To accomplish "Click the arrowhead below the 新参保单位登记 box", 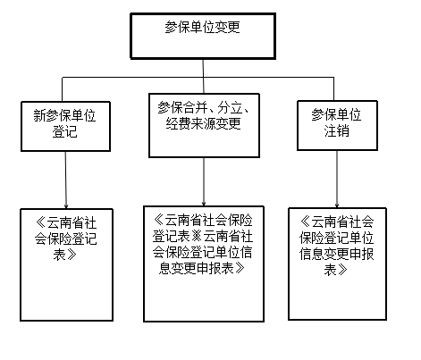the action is click(66, 206).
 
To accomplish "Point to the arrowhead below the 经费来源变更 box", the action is click(204, 204).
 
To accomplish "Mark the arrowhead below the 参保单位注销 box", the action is click(337, 205).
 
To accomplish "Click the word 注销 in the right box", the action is click(337, 130).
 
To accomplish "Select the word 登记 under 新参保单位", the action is click(64, 131).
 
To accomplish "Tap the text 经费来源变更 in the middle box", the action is click(204, 123).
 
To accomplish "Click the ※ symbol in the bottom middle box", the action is click(197, 237).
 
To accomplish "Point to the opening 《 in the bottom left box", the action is click(41, 222).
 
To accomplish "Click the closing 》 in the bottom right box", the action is click(342, 270).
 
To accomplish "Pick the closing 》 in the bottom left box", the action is click(71, 255).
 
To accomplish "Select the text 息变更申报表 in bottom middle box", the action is click(197, 268).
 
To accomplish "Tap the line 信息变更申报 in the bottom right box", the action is click(337, 254).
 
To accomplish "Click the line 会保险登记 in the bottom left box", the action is click(65, 239).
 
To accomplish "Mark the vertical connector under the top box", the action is click(204, 76).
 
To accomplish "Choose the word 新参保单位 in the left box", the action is click(64, 115).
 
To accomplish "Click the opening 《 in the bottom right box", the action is click(306, 222).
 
